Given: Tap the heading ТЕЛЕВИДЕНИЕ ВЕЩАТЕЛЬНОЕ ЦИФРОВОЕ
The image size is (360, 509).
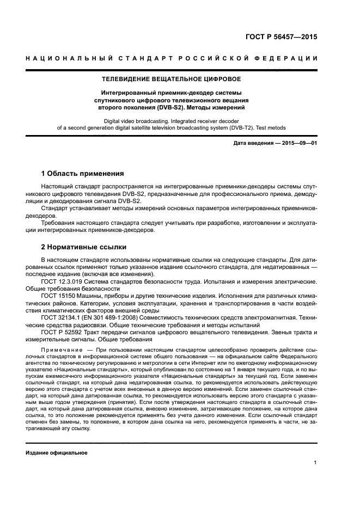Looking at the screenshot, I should (x=180, y=79).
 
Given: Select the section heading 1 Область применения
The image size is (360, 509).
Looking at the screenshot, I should (x=83, y=174).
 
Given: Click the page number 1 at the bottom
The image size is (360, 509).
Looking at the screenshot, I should (x=315, y=463).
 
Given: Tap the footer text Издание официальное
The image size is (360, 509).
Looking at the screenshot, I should (x=57, y=452).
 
